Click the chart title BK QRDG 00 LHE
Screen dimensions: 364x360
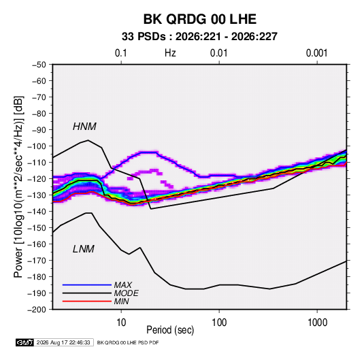(200, 19)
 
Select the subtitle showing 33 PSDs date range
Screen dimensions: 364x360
(199, 37)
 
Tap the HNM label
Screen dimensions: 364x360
(84, 127)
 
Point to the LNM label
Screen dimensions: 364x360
(84, 249)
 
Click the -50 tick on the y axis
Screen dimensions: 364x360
(39, 65)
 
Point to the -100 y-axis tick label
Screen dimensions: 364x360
(37, 146)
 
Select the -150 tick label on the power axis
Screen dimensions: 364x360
(37, 228)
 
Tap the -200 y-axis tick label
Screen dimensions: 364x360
(37, 310)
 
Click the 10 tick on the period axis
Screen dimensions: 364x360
(121, 323)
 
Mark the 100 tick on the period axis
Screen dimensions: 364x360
(219, 323)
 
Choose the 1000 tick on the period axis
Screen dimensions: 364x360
(317, 323)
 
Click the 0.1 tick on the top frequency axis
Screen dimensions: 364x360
(121, 53)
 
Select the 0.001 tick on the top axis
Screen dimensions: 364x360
(317, 53)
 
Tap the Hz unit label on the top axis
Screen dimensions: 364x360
(170, 53)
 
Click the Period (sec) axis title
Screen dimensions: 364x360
(170, 330)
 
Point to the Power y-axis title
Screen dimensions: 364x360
(18, 187)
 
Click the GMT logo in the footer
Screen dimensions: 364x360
(24, 342)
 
